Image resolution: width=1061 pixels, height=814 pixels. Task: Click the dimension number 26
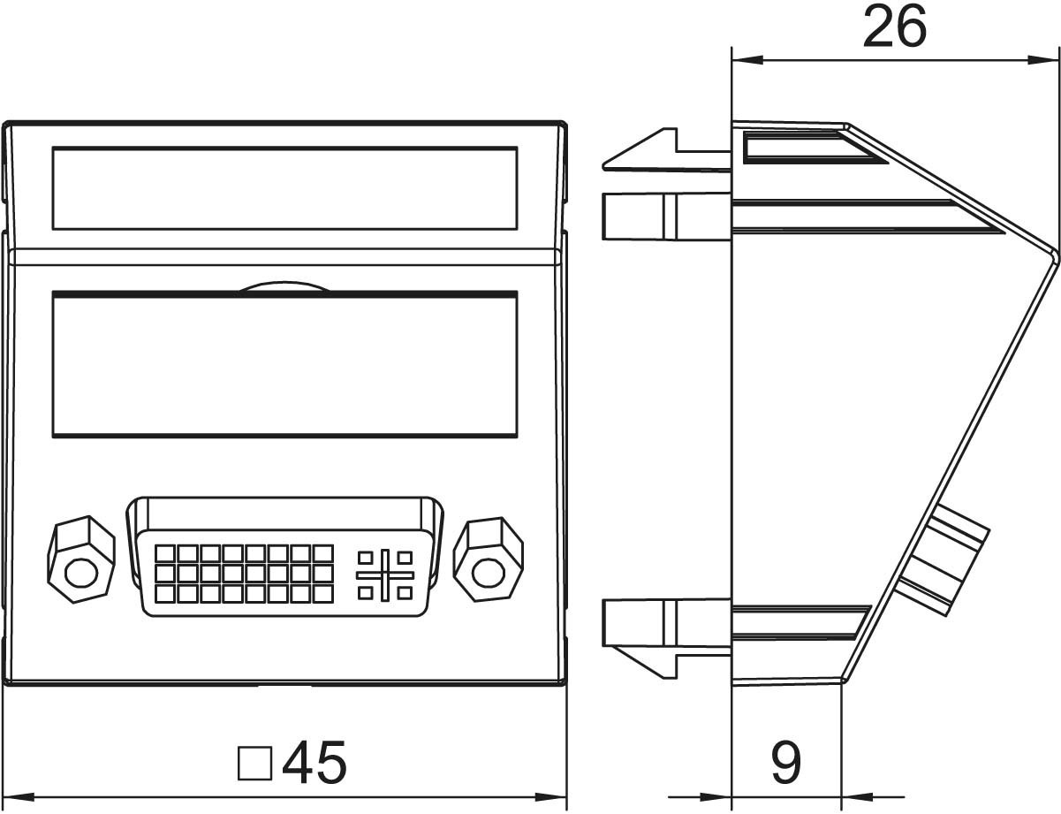click(x=895, y=28)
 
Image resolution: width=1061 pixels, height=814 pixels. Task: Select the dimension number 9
click(x=786, y=763)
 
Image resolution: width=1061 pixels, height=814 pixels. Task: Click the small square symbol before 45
click(x=254, y=763)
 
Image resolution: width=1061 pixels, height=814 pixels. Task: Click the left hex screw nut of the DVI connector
click(x=81, y=559)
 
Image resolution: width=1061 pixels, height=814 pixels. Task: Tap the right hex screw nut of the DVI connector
click(x=489, y=559)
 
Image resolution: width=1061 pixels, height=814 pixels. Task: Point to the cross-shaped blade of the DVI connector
click(x=385, y=575)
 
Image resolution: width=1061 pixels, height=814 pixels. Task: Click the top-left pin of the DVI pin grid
click(x=164, y=554)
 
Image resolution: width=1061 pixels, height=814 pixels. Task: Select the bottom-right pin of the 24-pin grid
click(x=323, y=594)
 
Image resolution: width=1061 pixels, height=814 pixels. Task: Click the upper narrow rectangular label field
click(x=284, y=188)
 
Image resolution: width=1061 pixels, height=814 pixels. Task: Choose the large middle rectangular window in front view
click(x=284, y=364)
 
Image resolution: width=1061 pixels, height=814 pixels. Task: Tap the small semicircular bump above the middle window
click(x=284, y=287)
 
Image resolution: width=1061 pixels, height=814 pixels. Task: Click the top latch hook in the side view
click(x=666, y=150)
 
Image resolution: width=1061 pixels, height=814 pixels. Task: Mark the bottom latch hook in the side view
click(x=666, y=655)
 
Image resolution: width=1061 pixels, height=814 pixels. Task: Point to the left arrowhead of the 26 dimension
click(x=747, y=60)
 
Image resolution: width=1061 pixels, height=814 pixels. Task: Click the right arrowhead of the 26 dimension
click(x=1042, y=60)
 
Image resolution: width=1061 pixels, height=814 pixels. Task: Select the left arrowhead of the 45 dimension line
click(x=19, y=797)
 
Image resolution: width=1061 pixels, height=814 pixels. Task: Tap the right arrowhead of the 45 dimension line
click(x=550, y=797)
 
